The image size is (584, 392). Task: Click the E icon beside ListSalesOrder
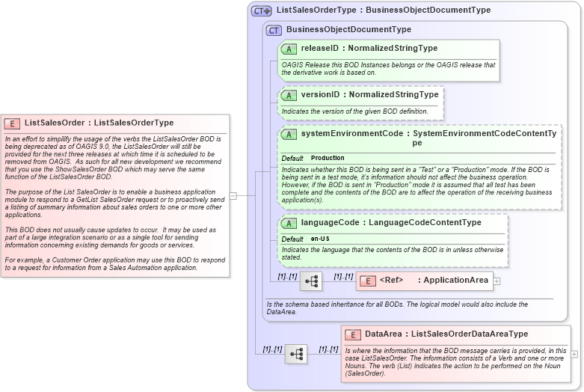click(x=12, y=123)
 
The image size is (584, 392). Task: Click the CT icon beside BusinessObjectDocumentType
click(x=274, y=30)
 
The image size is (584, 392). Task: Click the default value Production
click(x=328, y=159)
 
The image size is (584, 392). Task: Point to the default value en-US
click(x=320, y=239)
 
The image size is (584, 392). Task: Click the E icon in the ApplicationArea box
click(x=368, y=281)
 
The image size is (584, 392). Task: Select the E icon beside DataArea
click(x=353, y=334)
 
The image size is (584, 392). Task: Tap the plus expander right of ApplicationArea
click(x=497, y=281)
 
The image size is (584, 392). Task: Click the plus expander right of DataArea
click(x=574, y=353)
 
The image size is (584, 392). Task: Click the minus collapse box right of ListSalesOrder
click(x=233, y=196)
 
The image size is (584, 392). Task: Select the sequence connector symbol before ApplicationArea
click(x=311, y=281)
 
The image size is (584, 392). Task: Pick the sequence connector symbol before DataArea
click(x=296, y=353)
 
